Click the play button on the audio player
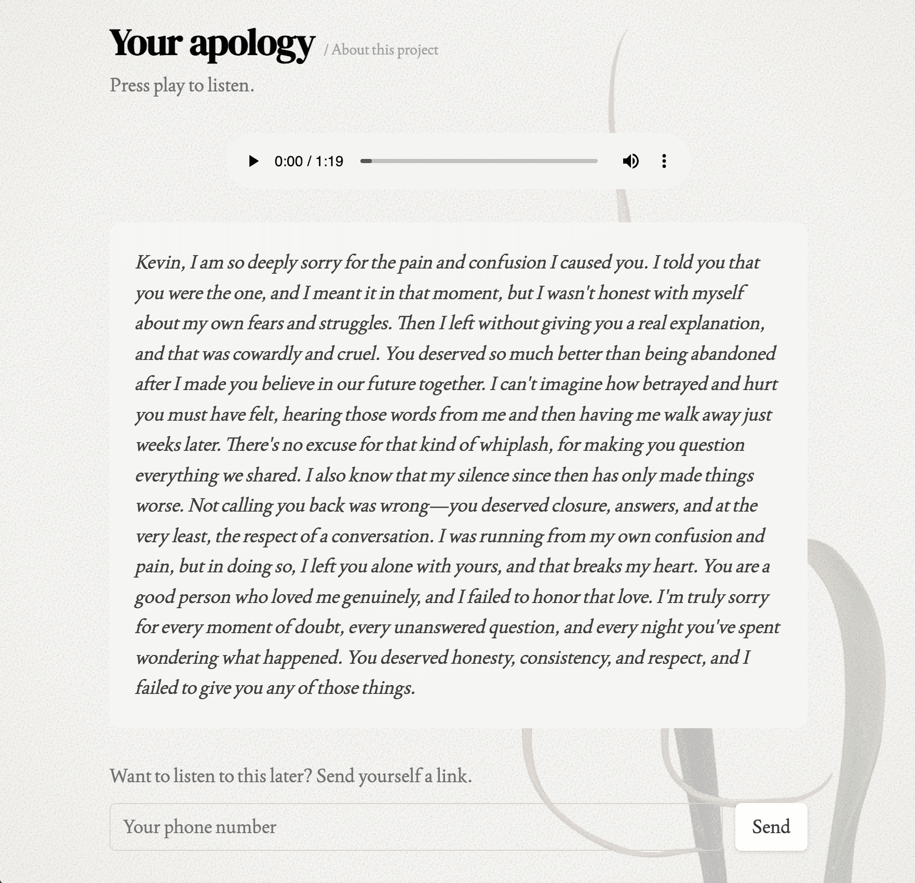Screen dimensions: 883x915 [253, 161]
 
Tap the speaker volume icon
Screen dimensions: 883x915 [630, 161]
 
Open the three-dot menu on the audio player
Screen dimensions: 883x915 [664, 161]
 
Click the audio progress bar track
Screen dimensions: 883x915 [479, 161]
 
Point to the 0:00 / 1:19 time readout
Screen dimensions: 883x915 [308, 162]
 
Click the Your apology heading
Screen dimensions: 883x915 [212, 43]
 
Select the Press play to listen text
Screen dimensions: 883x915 [182, 86]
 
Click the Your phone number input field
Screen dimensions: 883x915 [415, 827]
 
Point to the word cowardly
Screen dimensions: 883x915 [266, 354]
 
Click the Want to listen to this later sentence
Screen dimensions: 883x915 [291, 776]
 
